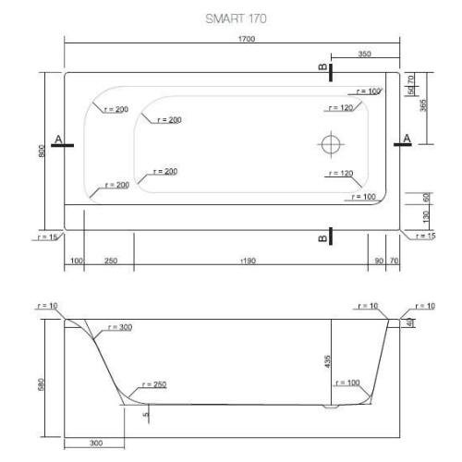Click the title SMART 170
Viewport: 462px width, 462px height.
230,18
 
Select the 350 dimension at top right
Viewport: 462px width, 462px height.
364,55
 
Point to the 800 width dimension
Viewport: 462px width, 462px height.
42,151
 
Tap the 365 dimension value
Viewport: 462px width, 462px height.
424,104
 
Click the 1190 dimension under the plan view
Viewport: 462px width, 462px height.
248,261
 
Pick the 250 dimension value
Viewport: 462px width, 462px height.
110,261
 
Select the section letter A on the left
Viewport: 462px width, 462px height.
58,140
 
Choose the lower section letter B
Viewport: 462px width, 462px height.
321,238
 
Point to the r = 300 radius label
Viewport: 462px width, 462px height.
119,327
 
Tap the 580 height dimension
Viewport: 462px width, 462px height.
42,381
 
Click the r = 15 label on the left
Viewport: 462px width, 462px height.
44,237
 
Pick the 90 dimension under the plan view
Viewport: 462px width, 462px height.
378,261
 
